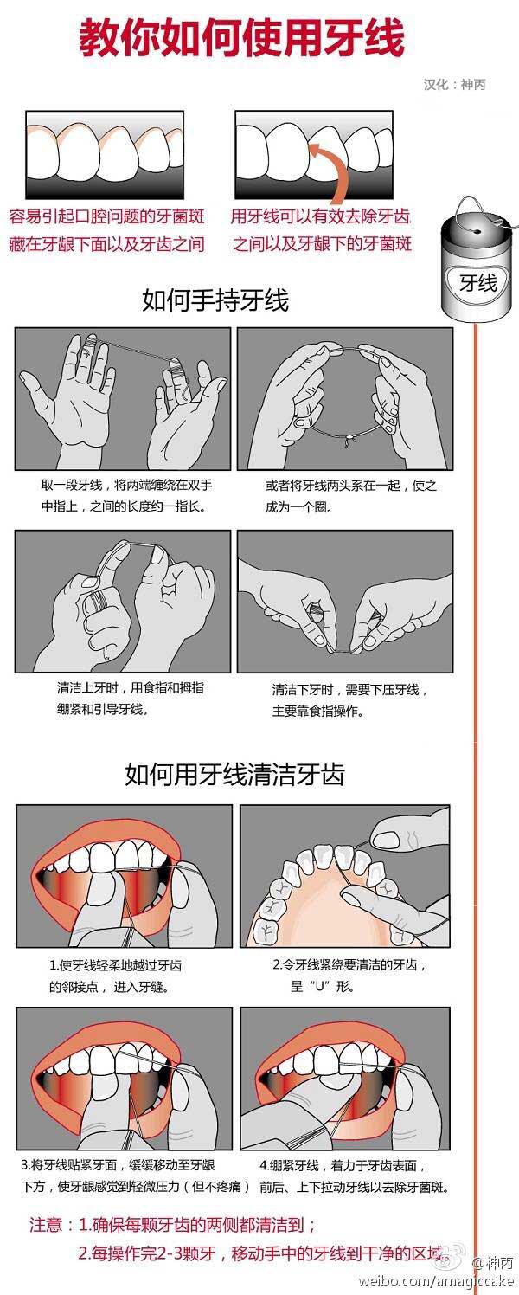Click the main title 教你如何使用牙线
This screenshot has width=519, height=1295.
pyautogui.click(x=242, y=40)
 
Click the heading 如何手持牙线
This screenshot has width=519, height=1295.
pyautogui.click(x=215, y=300)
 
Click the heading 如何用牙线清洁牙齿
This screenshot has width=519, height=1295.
pyautogui.click(x=234, y=773)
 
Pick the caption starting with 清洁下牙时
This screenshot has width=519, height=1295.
pyautogui.click(x=350, y=700)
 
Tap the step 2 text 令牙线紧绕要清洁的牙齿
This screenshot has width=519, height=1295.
pyautogui.click(x=346, y=975)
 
